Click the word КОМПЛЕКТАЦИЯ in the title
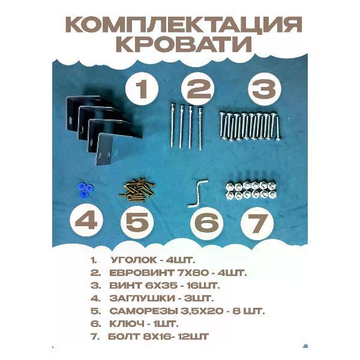(185, 25)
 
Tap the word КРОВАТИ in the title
(185, 44)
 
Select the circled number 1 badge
(142, 89)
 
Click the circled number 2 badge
(197, 89)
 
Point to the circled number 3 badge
(265, 89)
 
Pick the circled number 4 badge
(86, 221)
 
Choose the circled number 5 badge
(137, 222)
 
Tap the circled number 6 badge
(206, 223)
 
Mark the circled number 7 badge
(257, 223)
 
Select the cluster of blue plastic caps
(85, 190)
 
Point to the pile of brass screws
(136, 190)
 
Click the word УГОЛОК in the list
(134, 260)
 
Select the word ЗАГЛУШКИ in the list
(142, 298)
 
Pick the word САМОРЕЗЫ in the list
(143, 311)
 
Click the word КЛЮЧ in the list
(127, 324)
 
